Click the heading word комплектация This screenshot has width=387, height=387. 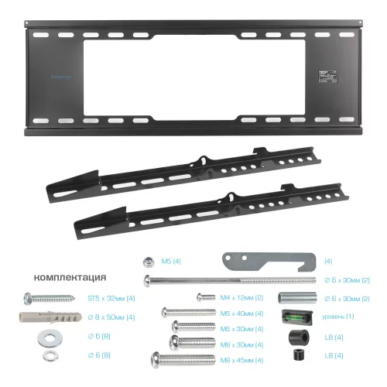point(70,277)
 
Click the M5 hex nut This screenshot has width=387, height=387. point(146,262)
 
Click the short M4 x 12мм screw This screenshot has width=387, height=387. point(204,297)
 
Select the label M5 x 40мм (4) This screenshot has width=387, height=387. point(242,313)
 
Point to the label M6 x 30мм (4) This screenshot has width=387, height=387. point(242,328)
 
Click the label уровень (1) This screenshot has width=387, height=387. point(339,317)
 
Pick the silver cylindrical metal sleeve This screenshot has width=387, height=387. point(294,298)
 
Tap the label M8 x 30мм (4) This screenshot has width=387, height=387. point(242,344)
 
